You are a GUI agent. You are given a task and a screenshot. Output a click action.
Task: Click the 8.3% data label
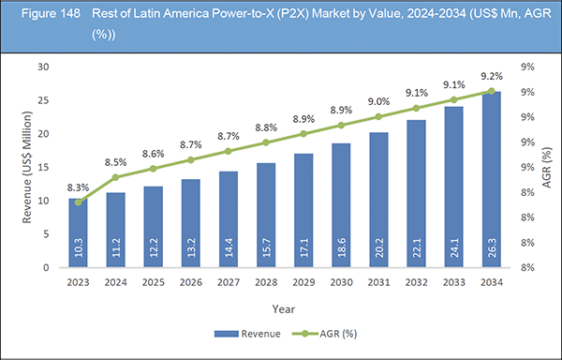(78, 188)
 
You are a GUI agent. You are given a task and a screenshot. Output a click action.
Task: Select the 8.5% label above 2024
(117, 162)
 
